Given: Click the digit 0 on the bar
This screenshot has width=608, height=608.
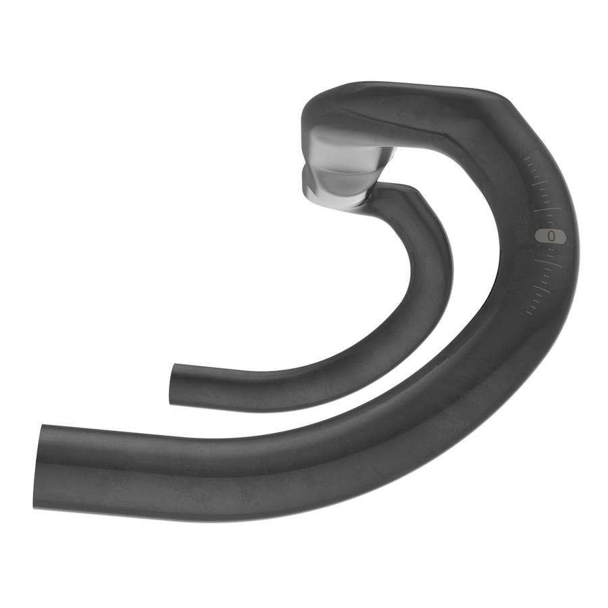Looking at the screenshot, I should [552, 236].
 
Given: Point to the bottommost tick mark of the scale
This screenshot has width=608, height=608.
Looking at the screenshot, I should [530, 312].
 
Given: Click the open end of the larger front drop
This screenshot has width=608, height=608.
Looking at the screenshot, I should [37, 466].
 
